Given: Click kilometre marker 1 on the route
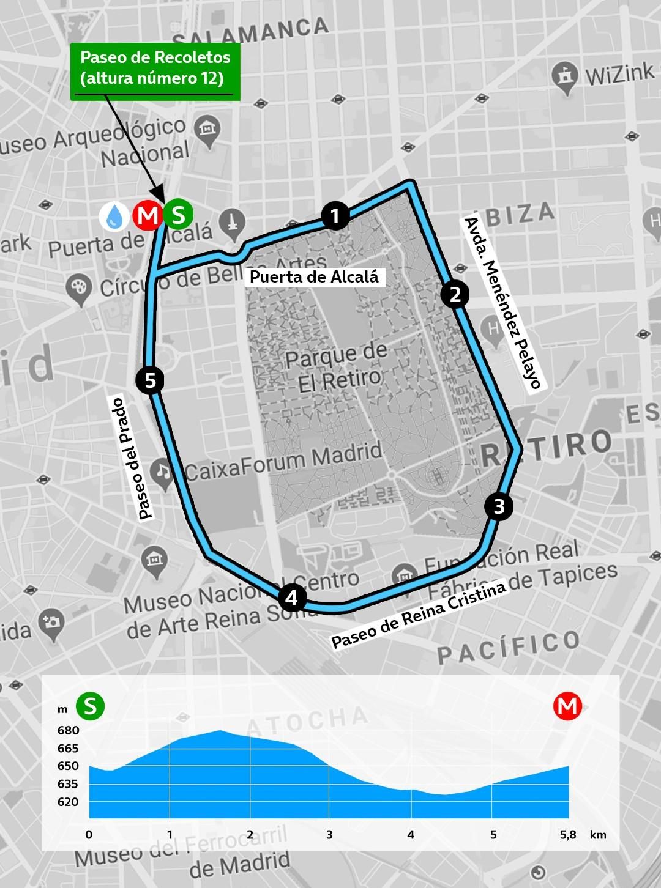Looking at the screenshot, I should tap(335, 215).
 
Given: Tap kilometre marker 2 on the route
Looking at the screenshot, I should tap(455, 294).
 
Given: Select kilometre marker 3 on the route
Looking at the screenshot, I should tap(499, 506).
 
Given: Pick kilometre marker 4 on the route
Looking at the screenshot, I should tap(292, 597).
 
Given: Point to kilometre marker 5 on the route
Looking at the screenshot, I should tap(150, 381).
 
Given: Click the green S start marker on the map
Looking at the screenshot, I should tap(179, 215).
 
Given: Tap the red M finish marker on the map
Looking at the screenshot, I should tap(147, 215).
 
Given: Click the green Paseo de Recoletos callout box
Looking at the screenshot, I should tap(155, 68).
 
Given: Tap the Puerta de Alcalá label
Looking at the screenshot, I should tap(315, 276).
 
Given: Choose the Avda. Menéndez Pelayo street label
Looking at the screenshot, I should tap(502, 303).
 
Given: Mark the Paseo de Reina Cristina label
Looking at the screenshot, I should tap(419, 615).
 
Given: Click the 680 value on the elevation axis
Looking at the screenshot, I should tap(69, 730).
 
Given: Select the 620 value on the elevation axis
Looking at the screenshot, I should tap(69, 801).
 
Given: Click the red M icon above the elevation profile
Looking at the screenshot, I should tap(567, 706).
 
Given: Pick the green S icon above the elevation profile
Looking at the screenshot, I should tap(90, 706).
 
